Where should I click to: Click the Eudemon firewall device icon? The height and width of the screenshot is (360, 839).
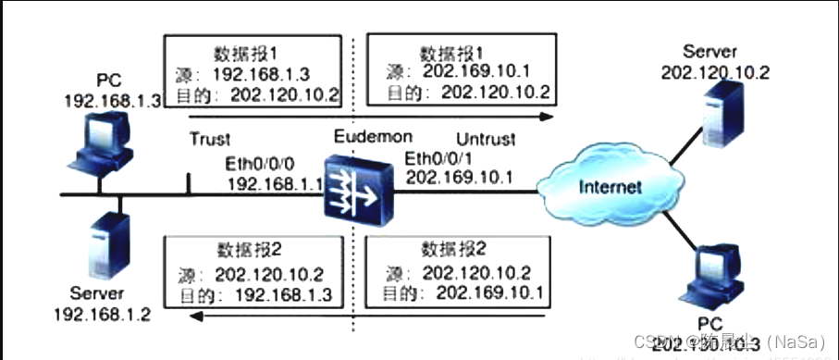[x=355, y=194]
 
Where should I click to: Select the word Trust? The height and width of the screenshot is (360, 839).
[x=209, y=139]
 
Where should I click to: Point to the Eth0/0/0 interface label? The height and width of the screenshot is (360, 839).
[x=262, y=163]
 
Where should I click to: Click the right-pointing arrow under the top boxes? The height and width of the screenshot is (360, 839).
[x=370, y=118]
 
